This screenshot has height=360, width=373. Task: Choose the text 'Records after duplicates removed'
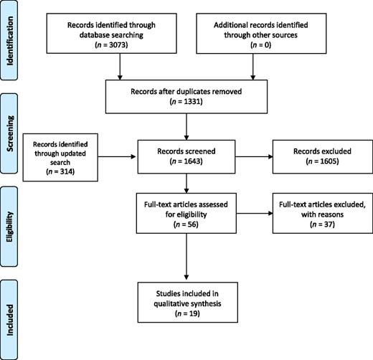pyautogui.click(x=186, y=90)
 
